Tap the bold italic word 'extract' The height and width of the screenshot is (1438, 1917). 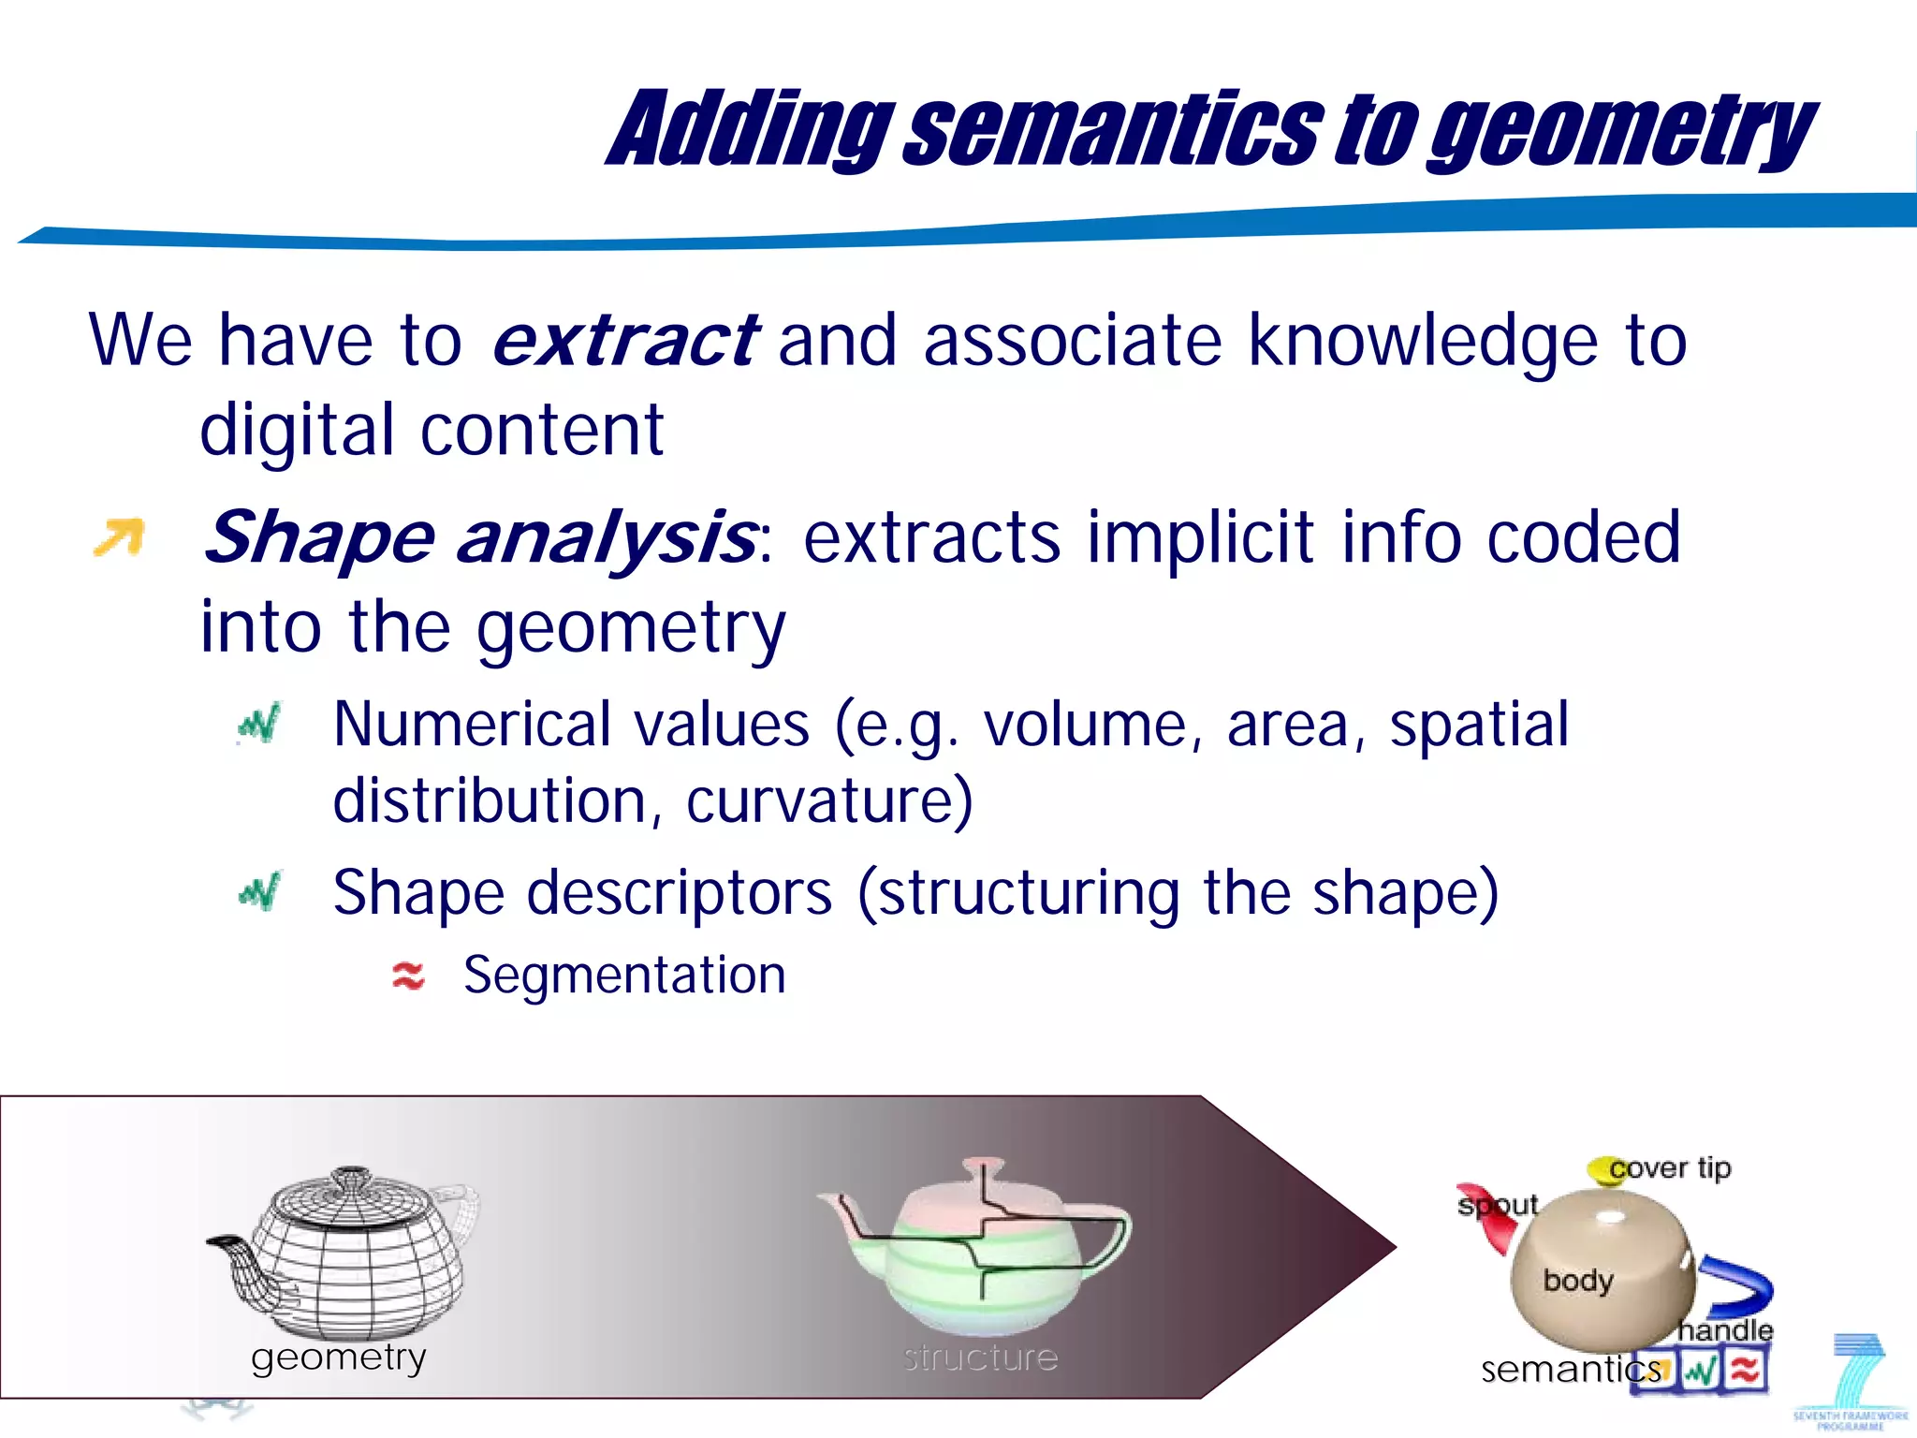tap(624, 340)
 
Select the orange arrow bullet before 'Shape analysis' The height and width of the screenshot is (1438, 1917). tap(120, 537)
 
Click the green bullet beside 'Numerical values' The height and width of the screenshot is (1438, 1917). tap(259, 724)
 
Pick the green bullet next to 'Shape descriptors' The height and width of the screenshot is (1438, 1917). tap(259, 891)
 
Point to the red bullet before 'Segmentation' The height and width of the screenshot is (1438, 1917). tap(408, 976)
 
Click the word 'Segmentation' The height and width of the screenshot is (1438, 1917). tap(624, 976)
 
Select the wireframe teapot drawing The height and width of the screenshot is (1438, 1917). tap(342, 1250)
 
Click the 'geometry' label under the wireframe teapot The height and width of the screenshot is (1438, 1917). tap(339, 1357)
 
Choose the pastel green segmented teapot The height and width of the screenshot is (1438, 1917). tap(978, 1245)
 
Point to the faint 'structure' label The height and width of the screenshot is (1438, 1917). tap(980, 1357)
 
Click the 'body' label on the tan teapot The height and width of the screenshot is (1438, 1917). tap(1578, 1280)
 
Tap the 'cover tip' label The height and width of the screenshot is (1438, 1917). tap(1671, 1167)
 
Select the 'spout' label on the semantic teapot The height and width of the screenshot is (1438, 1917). tap(1498, 1204)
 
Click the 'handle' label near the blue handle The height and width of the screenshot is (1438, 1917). tap(1725, 1329)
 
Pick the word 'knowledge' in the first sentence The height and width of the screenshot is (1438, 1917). tap(1423, 340)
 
